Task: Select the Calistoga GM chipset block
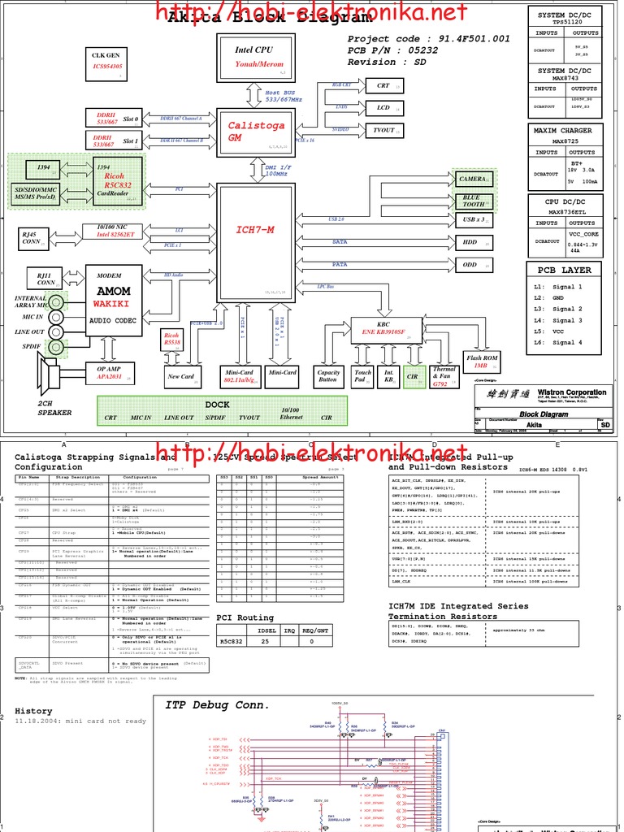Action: click(x=256, y=132)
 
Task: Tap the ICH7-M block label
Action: click(x=255, y=230)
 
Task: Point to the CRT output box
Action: click(x=383, y=85)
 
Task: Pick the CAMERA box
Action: click(x=473, y=179)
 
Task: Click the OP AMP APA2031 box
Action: click(x=109, y=372)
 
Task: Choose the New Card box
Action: click(x=180, y=376)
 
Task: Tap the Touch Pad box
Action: click(x=362, y=376)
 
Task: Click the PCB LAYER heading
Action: click(x=565, y=270)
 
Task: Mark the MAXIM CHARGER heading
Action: click(x=563, y=130)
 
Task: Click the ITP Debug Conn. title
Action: click(x=217, y=704)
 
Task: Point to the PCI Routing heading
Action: click(x=245, y=617)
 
